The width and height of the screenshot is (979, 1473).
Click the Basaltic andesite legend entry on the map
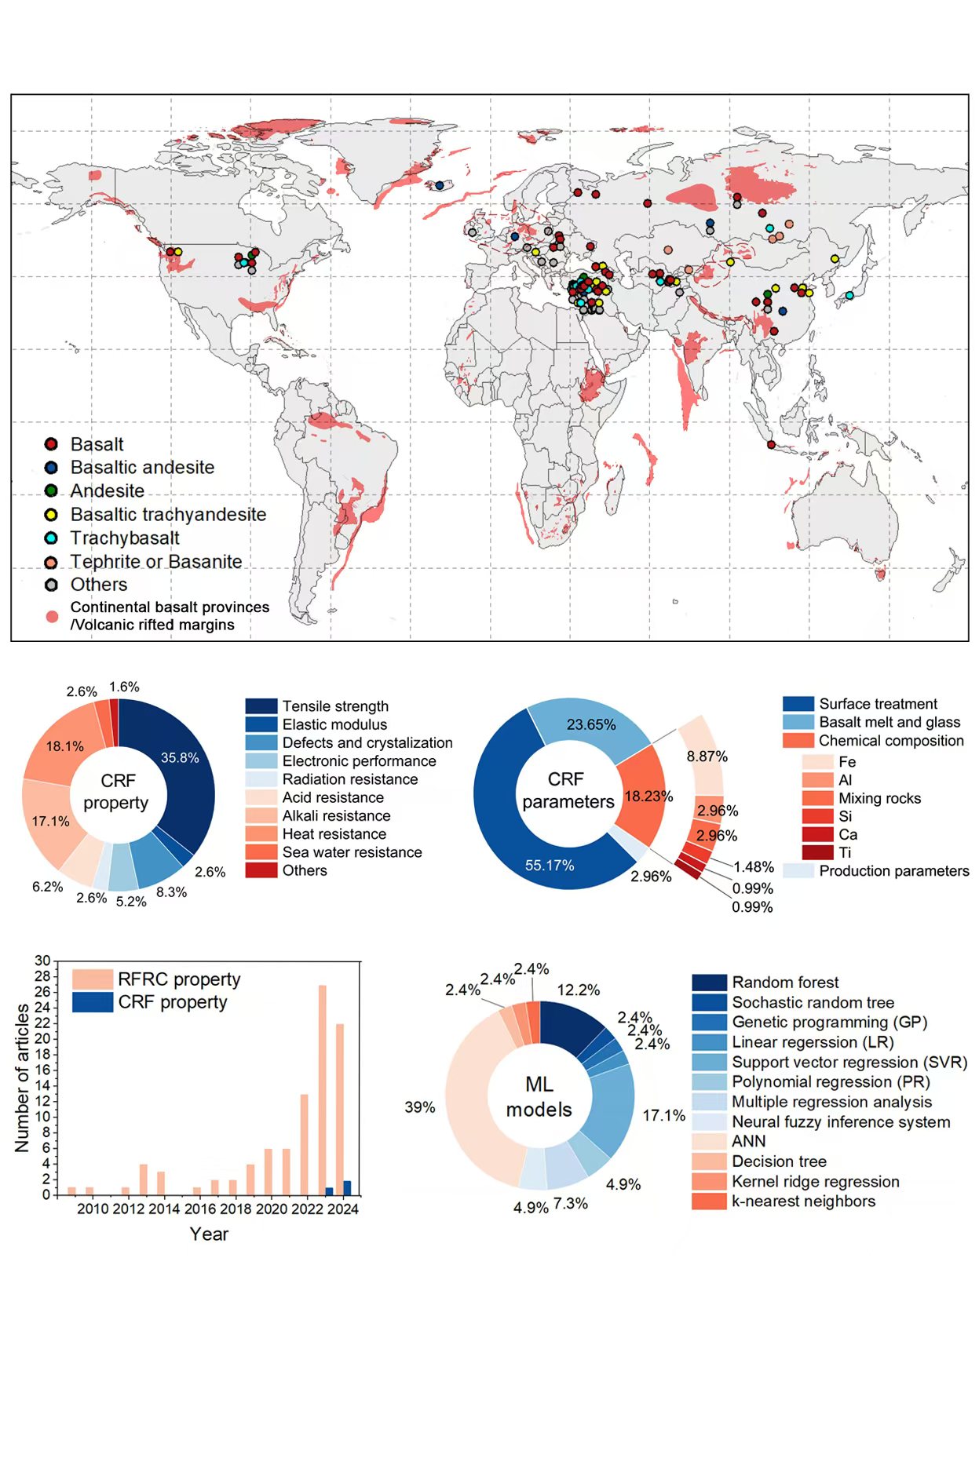click(x=141, y=467)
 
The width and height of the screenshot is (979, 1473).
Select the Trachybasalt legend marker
click(x=51, y=538)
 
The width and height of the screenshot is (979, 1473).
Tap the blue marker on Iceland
click(x=440, y=185)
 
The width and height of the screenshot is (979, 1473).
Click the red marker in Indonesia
click(x=771, y=445)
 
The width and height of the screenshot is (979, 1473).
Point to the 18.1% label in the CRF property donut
click(x=64, y=746)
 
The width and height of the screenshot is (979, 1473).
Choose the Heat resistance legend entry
click(x=334, y=833)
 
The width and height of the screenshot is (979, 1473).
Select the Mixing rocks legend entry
click(x=879, y=798)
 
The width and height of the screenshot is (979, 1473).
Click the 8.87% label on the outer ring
click(x=707, y=757)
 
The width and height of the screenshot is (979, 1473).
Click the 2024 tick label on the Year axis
click(x=343, y=1209)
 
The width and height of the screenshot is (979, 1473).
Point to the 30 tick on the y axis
click(x=42, y=961)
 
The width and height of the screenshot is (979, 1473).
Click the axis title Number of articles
click(x=22, y=1078)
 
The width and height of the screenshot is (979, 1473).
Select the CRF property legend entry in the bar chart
click(x=172, y=1002)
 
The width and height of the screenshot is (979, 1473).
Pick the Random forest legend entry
click(x=785, y=983)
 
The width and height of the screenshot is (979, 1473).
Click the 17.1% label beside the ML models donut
click(x=663, y=1115)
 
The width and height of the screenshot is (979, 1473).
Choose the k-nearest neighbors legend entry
click(x=803, y=1201)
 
